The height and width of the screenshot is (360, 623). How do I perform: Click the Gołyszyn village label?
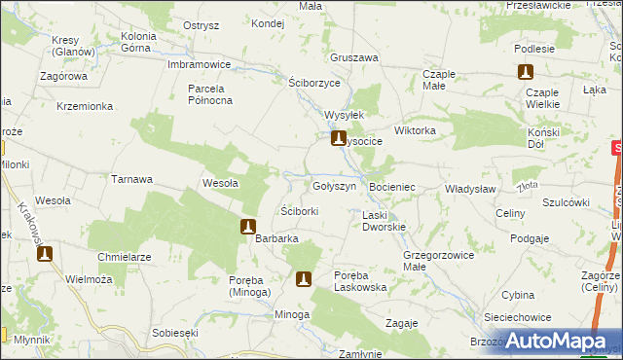(340, 185)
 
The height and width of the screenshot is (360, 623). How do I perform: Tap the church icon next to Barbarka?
(248, 228)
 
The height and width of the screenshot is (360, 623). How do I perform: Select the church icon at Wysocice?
(339, 140)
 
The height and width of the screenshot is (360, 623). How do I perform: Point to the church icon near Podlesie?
(526, 72)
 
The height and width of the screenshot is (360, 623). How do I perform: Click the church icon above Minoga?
(304, 280)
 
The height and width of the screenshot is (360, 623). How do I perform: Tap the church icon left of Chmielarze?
(44, 255)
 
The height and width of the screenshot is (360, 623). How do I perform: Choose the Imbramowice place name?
(199, 64)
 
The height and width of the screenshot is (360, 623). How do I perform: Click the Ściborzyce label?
(315, 82)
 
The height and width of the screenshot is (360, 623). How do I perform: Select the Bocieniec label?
(393, 186)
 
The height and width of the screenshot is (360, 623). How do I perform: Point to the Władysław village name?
(471, 189)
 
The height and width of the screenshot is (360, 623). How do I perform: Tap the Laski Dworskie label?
(384, 221)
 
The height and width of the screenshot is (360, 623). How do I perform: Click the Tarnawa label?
(132, 179)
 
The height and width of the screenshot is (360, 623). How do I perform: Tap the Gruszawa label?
(353, 57)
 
